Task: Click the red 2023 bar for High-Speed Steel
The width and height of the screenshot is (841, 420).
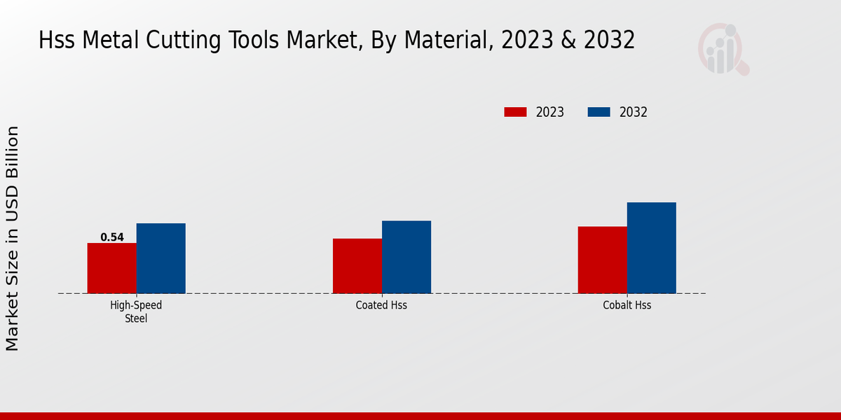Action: [111, 268]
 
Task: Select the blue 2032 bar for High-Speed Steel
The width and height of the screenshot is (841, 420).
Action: [160, 258]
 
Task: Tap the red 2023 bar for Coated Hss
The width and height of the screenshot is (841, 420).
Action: [357, 266]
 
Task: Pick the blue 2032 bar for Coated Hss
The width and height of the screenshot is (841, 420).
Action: [406, 257]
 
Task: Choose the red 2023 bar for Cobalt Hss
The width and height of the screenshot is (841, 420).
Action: [602, 260]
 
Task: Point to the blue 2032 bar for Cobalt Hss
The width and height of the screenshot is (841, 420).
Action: [651, 248]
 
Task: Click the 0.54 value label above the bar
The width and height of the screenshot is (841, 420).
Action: [112, 237]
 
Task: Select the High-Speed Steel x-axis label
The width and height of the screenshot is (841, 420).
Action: [136, 311]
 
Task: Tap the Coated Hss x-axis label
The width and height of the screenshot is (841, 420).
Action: [381, 306]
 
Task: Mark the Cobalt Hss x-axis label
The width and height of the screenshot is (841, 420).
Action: [627, 306]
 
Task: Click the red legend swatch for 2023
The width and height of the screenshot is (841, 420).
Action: [515, 112]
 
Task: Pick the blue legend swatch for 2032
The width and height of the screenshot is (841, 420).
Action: [599, 112]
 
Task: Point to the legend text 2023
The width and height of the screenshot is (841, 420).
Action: [550, 112]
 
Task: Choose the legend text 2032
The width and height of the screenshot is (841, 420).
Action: [634, 112]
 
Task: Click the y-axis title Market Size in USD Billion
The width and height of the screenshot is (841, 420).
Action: [13, 238]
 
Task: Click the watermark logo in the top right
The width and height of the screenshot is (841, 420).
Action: [723, 49]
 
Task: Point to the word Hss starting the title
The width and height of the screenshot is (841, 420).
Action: [57, 41]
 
